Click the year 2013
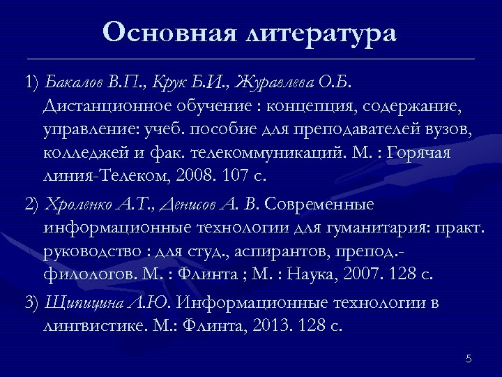[x=273, y=326]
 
